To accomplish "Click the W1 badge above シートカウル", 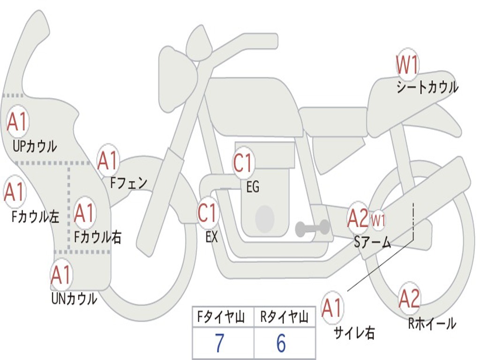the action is tap(407, 65).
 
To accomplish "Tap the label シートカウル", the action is tap(427, 88).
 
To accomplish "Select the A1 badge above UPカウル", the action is tap(18, 122).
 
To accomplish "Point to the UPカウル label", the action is tap(35, 146).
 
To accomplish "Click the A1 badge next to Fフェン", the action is tap(108, 161).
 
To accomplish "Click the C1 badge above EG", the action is tap(243, 163).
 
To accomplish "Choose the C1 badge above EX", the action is tap(208, 213).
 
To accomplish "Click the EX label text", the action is tap(211, 237).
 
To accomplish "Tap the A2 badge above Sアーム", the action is tap(358, 218).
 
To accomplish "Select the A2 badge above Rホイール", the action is tap(409, 298).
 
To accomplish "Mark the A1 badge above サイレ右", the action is tap(332, 308).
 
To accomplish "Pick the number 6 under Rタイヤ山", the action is tap(281, 343).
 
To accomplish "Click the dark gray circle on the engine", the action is tap(264, 218).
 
